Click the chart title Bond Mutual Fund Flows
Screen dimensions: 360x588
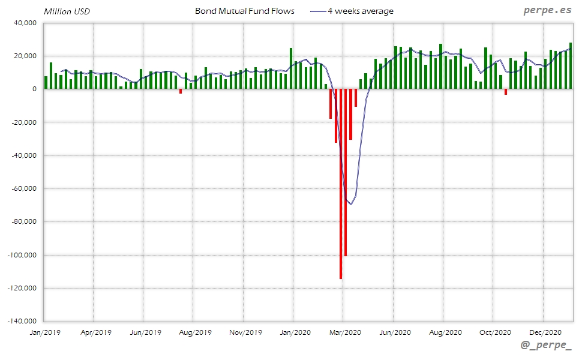244,11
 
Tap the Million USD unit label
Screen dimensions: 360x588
67,11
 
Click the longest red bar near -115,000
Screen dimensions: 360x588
341,184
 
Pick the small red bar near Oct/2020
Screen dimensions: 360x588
506,92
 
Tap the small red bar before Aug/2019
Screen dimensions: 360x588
181,91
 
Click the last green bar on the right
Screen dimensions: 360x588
571,66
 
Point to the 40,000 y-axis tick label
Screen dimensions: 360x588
25,23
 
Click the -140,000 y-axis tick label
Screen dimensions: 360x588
21,321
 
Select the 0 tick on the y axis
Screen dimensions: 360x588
34,89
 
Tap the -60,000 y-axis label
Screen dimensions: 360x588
23,188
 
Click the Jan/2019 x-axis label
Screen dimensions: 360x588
44,332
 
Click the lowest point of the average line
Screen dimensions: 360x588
351,205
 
